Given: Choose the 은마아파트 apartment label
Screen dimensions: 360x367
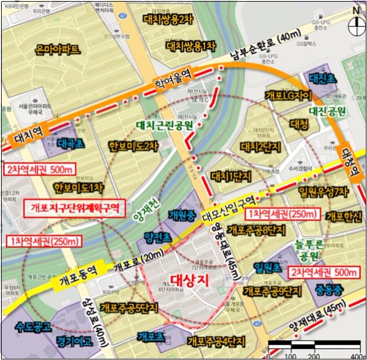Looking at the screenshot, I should pyautogui.click(x=57, y=50).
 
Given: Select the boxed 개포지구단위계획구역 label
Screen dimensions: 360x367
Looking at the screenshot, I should pyautogui.click(x=75, y=208).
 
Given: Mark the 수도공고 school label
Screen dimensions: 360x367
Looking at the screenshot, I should pyautogui.click(x=31, y=327).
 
